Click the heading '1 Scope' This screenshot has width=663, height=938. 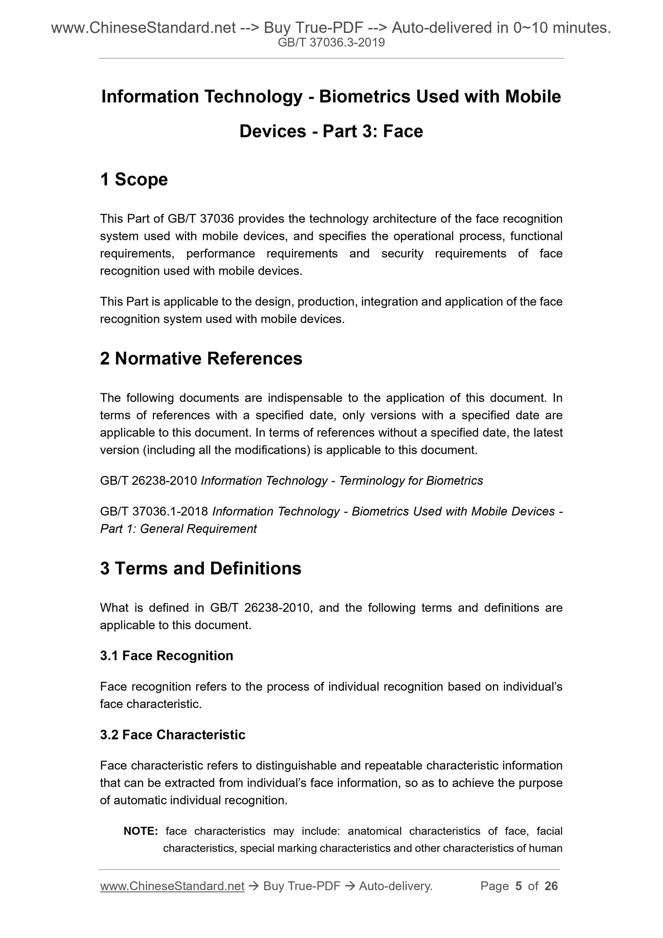(x=134, y=179)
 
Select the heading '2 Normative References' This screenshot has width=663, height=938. (x=201, y=358)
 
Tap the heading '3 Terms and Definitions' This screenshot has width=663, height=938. (x=201, y=568)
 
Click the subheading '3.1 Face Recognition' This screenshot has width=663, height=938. (x=166, y=656)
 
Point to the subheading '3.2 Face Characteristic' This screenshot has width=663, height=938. (x=172, y=735)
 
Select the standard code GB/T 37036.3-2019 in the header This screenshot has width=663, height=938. (x=331, y=43)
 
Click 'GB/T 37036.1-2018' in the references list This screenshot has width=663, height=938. (x=154, y=511)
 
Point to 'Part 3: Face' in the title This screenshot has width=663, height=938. (x=373, y=131)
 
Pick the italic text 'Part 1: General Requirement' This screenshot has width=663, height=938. (x=178, y=529)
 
